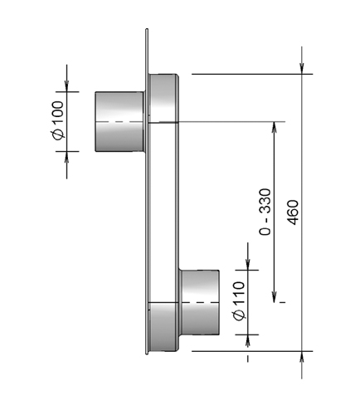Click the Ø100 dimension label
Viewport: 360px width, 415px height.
point(56,122)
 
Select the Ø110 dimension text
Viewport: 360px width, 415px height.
point(238,304)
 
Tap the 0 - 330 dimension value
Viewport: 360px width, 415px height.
point(265,213)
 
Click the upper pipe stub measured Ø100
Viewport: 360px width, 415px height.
point(119,122)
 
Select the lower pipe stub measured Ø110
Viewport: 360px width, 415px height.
point(200,303)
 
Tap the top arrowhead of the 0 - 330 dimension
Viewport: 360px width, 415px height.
point(275,129)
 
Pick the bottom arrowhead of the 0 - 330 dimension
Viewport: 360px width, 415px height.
point(275,297)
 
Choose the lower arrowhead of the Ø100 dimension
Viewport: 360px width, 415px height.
point(67,159)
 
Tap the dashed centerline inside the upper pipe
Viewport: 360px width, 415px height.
point(119,122)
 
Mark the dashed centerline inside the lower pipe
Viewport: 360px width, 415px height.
point(200,304)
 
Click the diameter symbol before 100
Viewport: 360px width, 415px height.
point(56,134)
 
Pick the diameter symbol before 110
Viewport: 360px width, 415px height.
point(238,316)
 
